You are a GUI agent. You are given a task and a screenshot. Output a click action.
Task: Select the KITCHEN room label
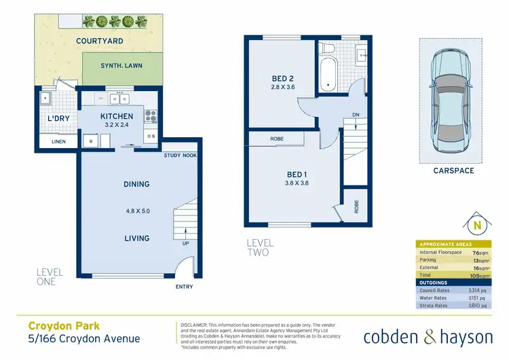click(x=117, y=116)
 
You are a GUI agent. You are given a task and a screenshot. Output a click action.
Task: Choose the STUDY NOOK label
click(x=180, y=156)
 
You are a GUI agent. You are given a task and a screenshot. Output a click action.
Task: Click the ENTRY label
click(x=183, y=287)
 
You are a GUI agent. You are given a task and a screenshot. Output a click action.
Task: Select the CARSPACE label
click(x=453, y=170)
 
